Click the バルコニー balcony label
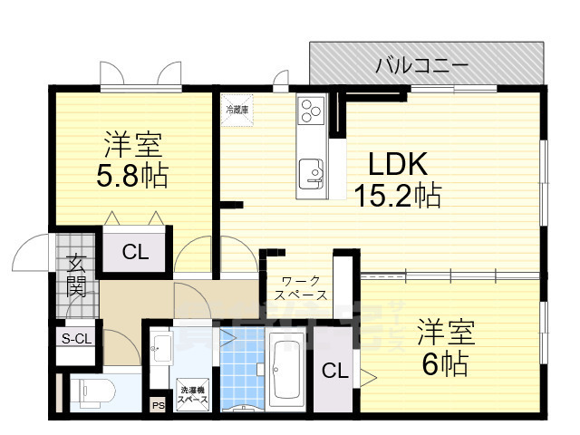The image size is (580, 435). (421, 65)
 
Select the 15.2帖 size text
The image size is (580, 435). (399, 196)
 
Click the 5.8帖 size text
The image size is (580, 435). (132, 175)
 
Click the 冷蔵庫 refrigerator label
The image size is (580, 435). (237, 110)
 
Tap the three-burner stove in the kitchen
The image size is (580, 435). (311, 111)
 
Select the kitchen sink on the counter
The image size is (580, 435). (310, 169)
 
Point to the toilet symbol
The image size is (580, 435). (91, 391)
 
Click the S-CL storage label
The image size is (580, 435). (76, 339)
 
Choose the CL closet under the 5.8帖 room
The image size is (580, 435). (135, 253)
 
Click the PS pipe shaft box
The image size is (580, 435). (159, 405)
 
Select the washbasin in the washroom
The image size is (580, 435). (161, 347)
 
